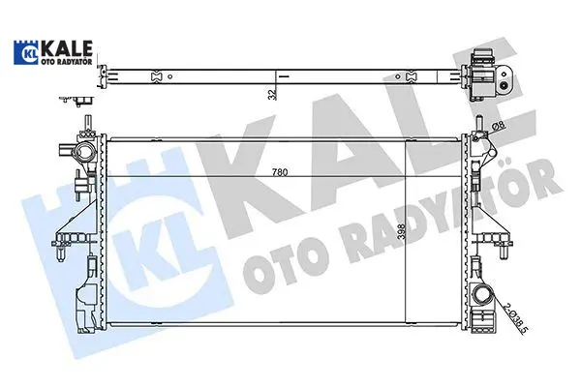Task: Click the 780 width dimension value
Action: pos(280,172)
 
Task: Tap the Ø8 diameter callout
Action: pos(499,126)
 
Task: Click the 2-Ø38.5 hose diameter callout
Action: pos(516,317)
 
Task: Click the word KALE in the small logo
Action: pos(67,48)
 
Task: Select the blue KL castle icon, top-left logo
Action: pos(26,52)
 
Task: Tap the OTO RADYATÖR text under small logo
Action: pos(66,62)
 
